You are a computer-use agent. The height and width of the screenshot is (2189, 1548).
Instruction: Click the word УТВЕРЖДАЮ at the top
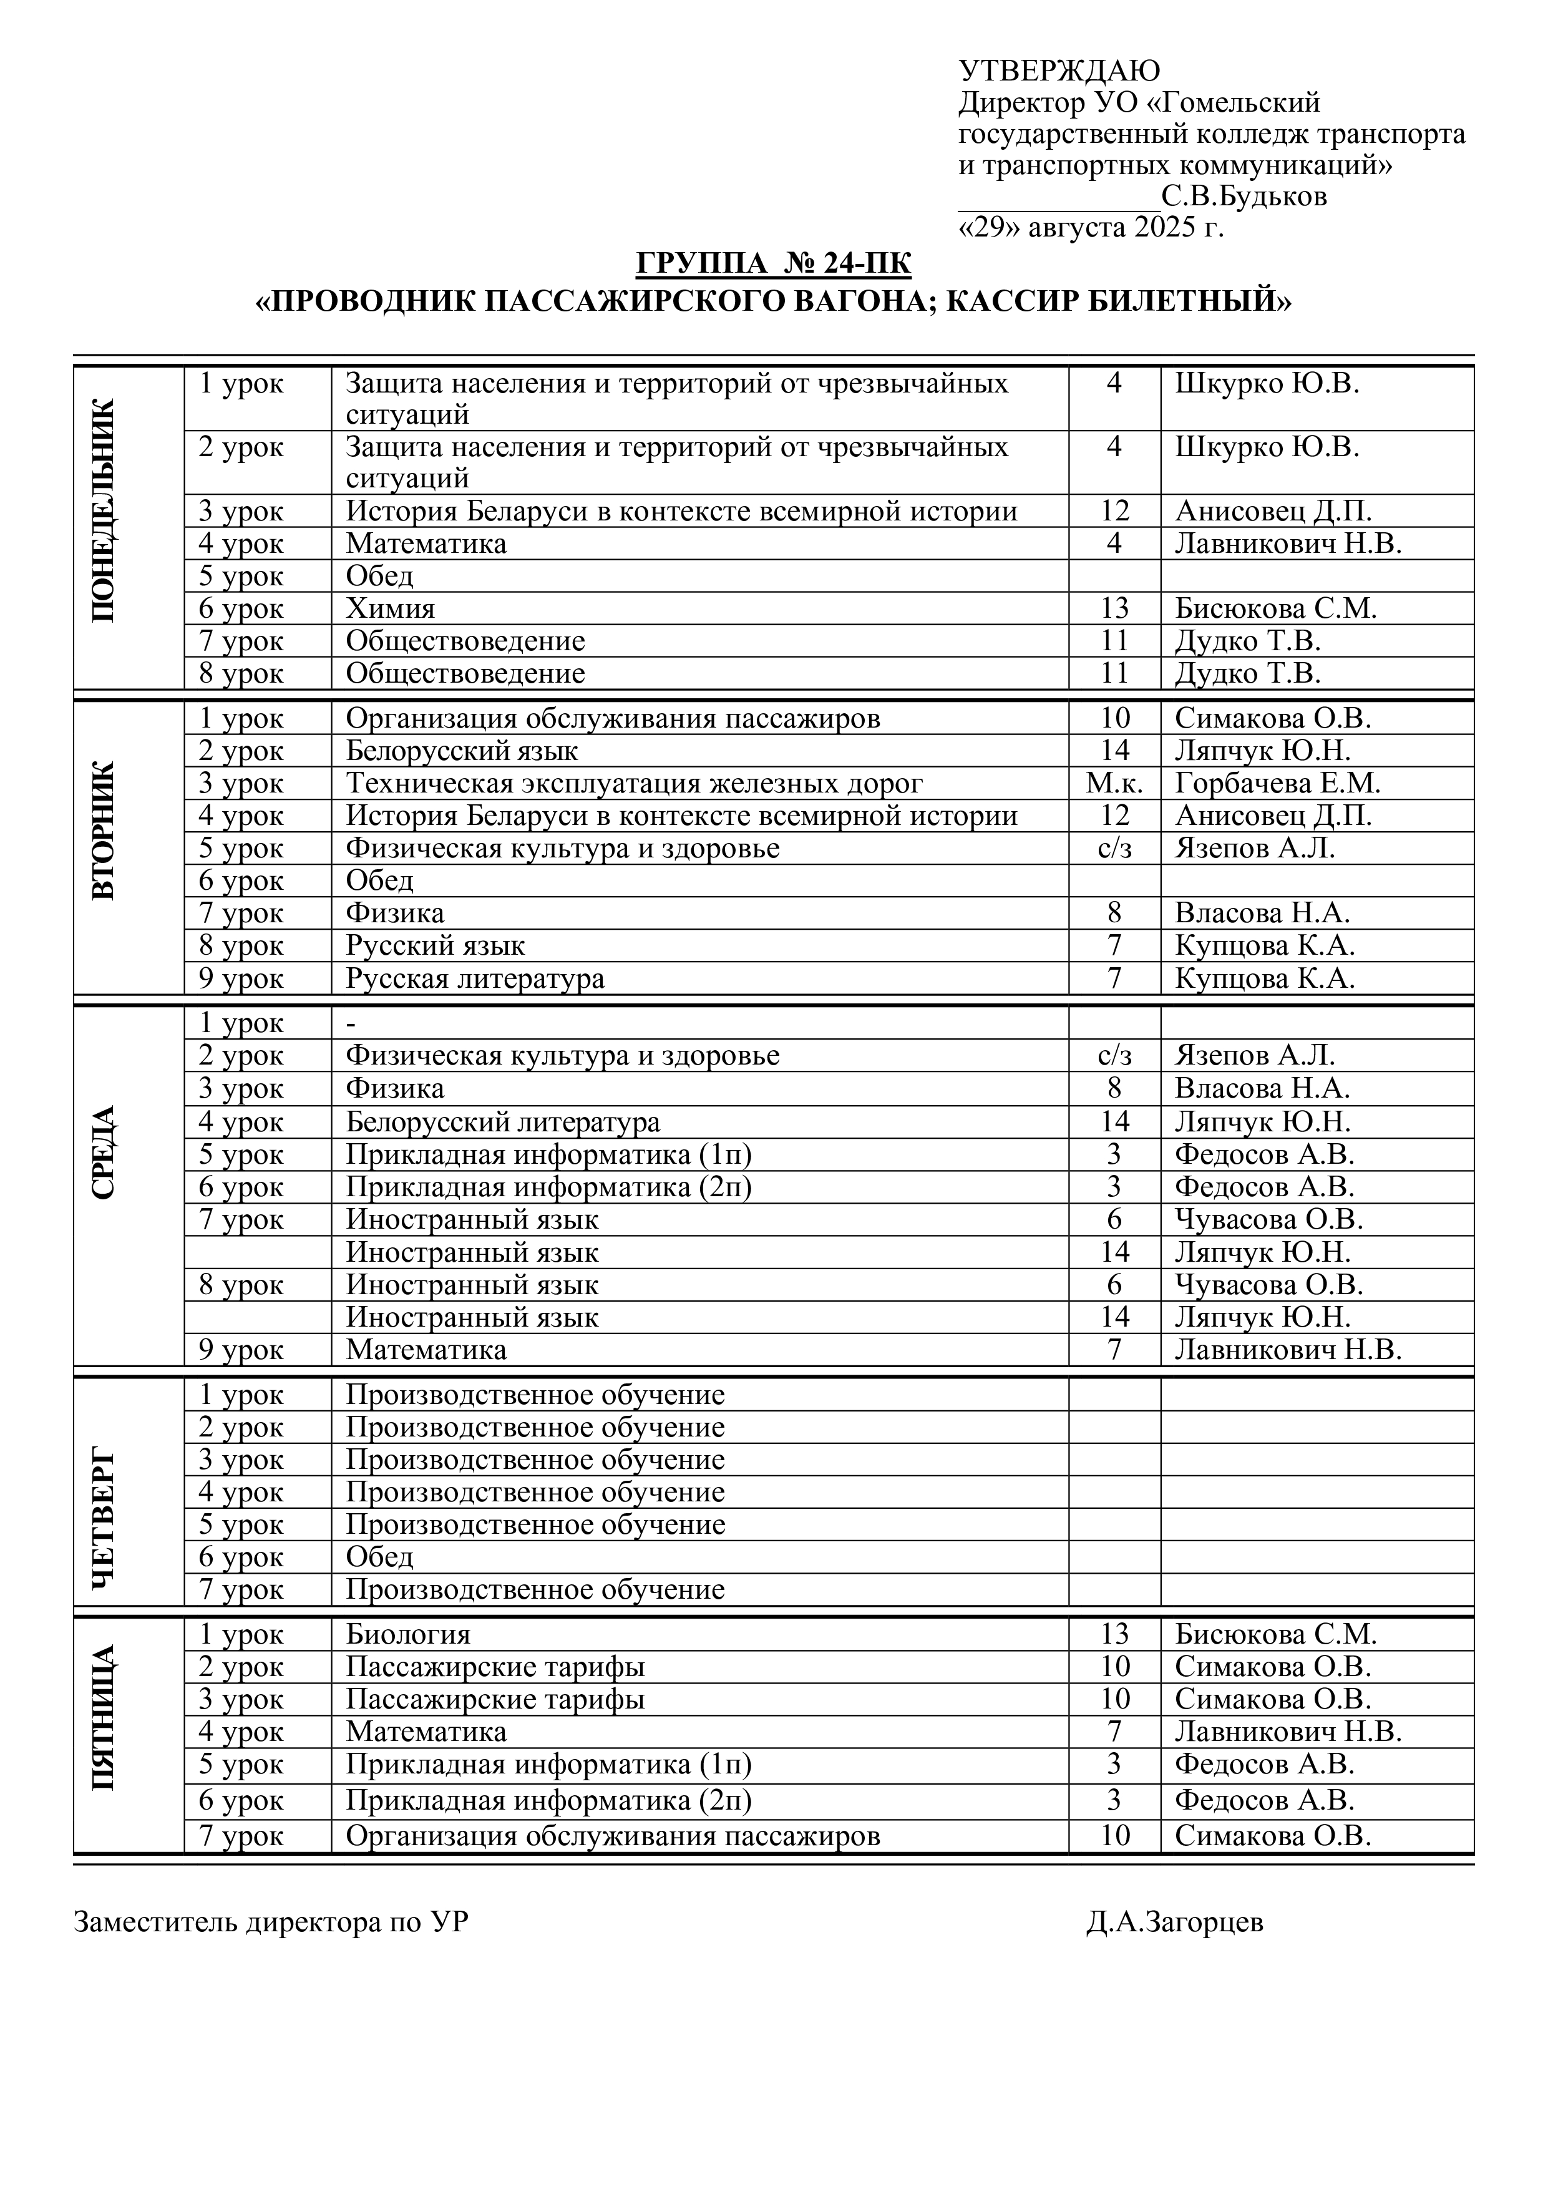pos(1059,71)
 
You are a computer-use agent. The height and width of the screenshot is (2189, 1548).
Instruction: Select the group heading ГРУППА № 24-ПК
pos(773,263)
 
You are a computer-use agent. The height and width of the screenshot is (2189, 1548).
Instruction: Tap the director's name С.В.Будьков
pos(1244,197)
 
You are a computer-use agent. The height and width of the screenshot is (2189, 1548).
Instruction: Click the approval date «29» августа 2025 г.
pos(1091,228)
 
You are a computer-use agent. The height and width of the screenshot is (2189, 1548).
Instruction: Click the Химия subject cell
pos(390,608)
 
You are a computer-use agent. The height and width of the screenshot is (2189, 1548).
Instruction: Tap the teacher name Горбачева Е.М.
pos(1277,784)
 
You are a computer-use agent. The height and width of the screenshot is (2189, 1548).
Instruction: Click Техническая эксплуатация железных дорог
pos(634,784)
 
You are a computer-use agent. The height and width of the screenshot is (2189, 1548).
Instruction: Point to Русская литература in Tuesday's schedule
pos(475,978)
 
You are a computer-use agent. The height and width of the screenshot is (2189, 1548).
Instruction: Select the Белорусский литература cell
pos(502,1121)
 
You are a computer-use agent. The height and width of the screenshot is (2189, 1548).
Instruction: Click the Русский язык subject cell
pos(435,946)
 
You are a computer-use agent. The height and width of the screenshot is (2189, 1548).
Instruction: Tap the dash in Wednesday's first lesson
pos(351,1023)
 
